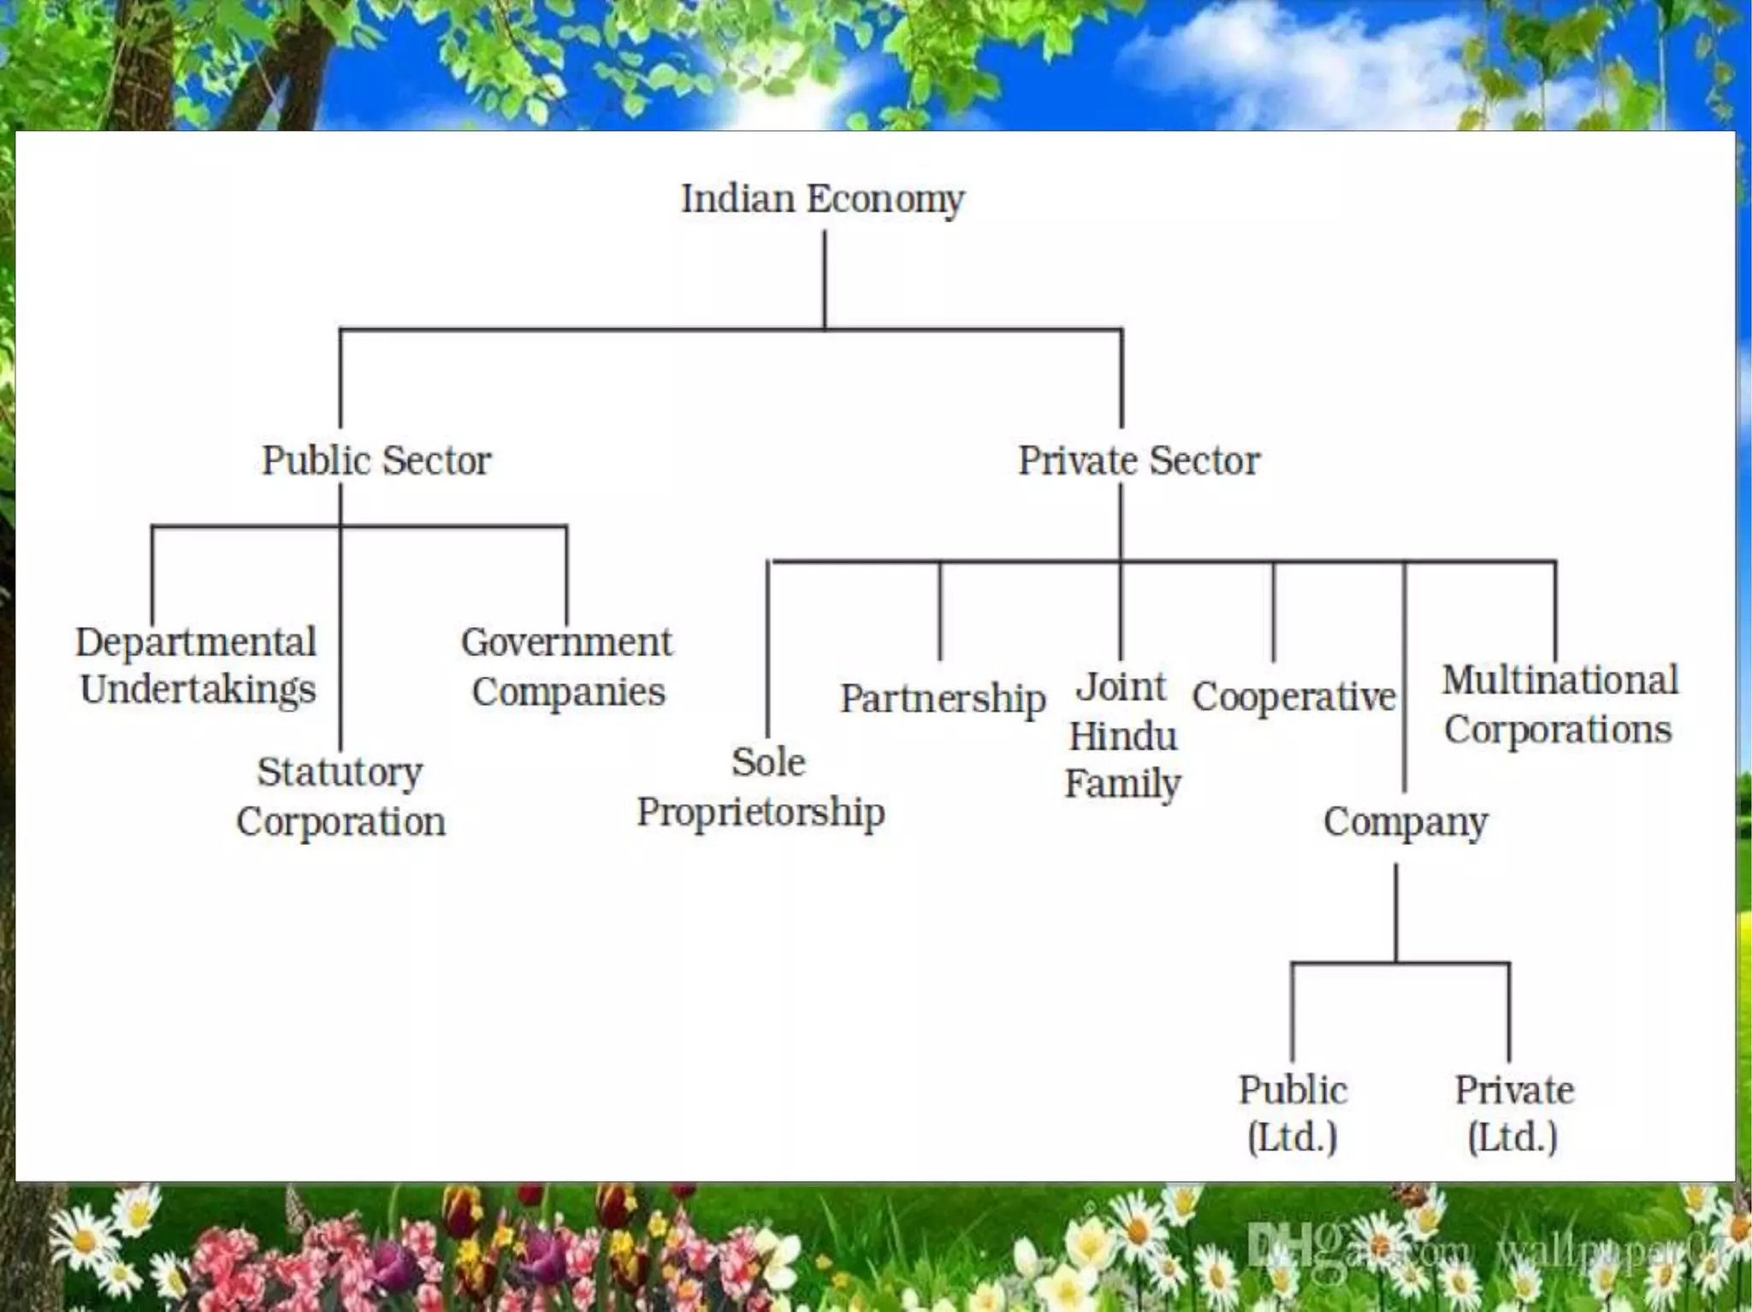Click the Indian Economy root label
click(822, 199)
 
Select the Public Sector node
click(376, 460)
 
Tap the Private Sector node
click(1139, 460)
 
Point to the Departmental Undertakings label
click(197, 665)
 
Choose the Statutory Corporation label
click(340, 796)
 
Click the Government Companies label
click(567, 667)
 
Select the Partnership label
click(943, 699)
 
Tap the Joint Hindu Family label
click(1122, 736)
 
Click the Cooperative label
click(1293, 697)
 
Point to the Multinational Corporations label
click(1560, 705)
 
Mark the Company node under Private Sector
click(1406, 822)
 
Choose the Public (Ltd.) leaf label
click(1293, 1114)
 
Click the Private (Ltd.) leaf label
click(1514, 1114)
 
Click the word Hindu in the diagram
click(1123, 736)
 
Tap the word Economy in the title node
click(885, 199)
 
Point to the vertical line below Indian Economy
click(825, 279)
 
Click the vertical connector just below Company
click(1396, 912)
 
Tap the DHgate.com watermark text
click(1360, 1249)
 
